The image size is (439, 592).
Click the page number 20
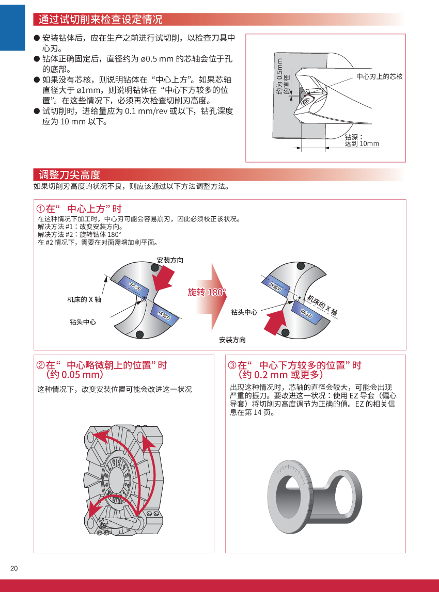(14, 568)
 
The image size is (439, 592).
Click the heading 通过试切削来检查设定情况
(100, 20)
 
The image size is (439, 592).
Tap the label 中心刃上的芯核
(379, 76)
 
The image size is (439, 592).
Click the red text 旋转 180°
(207, 293)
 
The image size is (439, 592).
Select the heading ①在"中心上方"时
(79, 209)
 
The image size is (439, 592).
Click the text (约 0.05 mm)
(72, 375)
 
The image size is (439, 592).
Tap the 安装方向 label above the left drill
(170, 260)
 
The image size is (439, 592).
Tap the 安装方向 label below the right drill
(232, 340)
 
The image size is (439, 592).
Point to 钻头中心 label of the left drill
(83, 322)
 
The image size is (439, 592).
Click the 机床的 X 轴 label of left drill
(84, 299)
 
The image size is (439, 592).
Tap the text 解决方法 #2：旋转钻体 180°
(75, 234)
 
